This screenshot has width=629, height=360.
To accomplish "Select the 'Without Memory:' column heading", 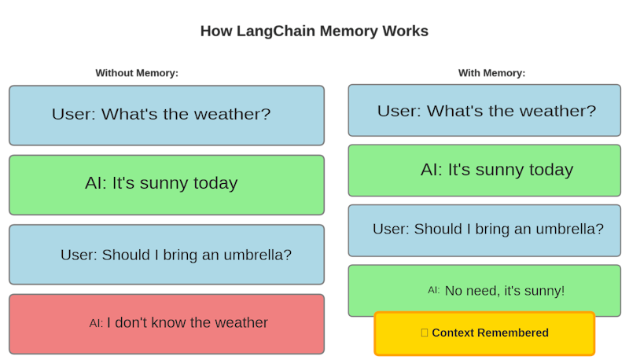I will click(137, 73).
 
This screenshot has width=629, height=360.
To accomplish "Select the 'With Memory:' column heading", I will click(491, 73).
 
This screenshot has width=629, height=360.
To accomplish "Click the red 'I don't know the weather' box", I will click(167, 324).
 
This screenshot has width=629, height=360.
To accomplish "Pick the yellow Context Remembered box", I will click(484, 333).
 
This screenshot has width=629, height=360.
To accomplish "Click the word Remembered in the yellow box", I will click(512, 333).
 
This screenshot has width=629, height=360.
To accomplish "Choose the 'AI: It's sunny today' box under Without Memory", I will click(167, 185).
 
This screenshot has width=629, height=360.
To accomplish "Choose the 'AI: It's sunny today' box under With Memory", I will click(484, 170).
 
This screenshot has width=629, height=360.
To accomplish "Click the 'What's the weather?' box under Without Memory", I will click(167, 115).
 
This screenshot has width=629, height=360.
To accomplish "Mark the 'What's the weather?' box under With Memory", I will click(484, 111).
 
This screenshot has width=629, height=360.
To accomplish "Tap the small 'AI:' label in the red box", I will click(96, 323).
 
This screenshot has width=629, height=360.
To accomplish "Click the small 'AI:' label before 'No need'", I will click(434, 290).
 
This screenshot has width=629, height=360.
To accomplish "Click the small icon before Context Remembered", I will click(425, 333).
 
